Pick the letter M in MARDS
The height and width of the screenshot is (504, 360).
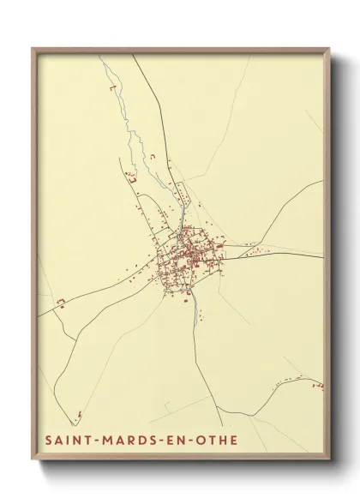(107, 441)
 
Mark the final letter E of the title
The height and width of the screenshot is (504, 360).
(235, 441)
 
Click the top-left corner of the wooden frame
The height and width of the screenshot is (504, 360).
(33, 48)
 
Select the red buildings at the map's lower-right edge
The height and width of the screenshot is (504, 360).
(317, 386)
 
